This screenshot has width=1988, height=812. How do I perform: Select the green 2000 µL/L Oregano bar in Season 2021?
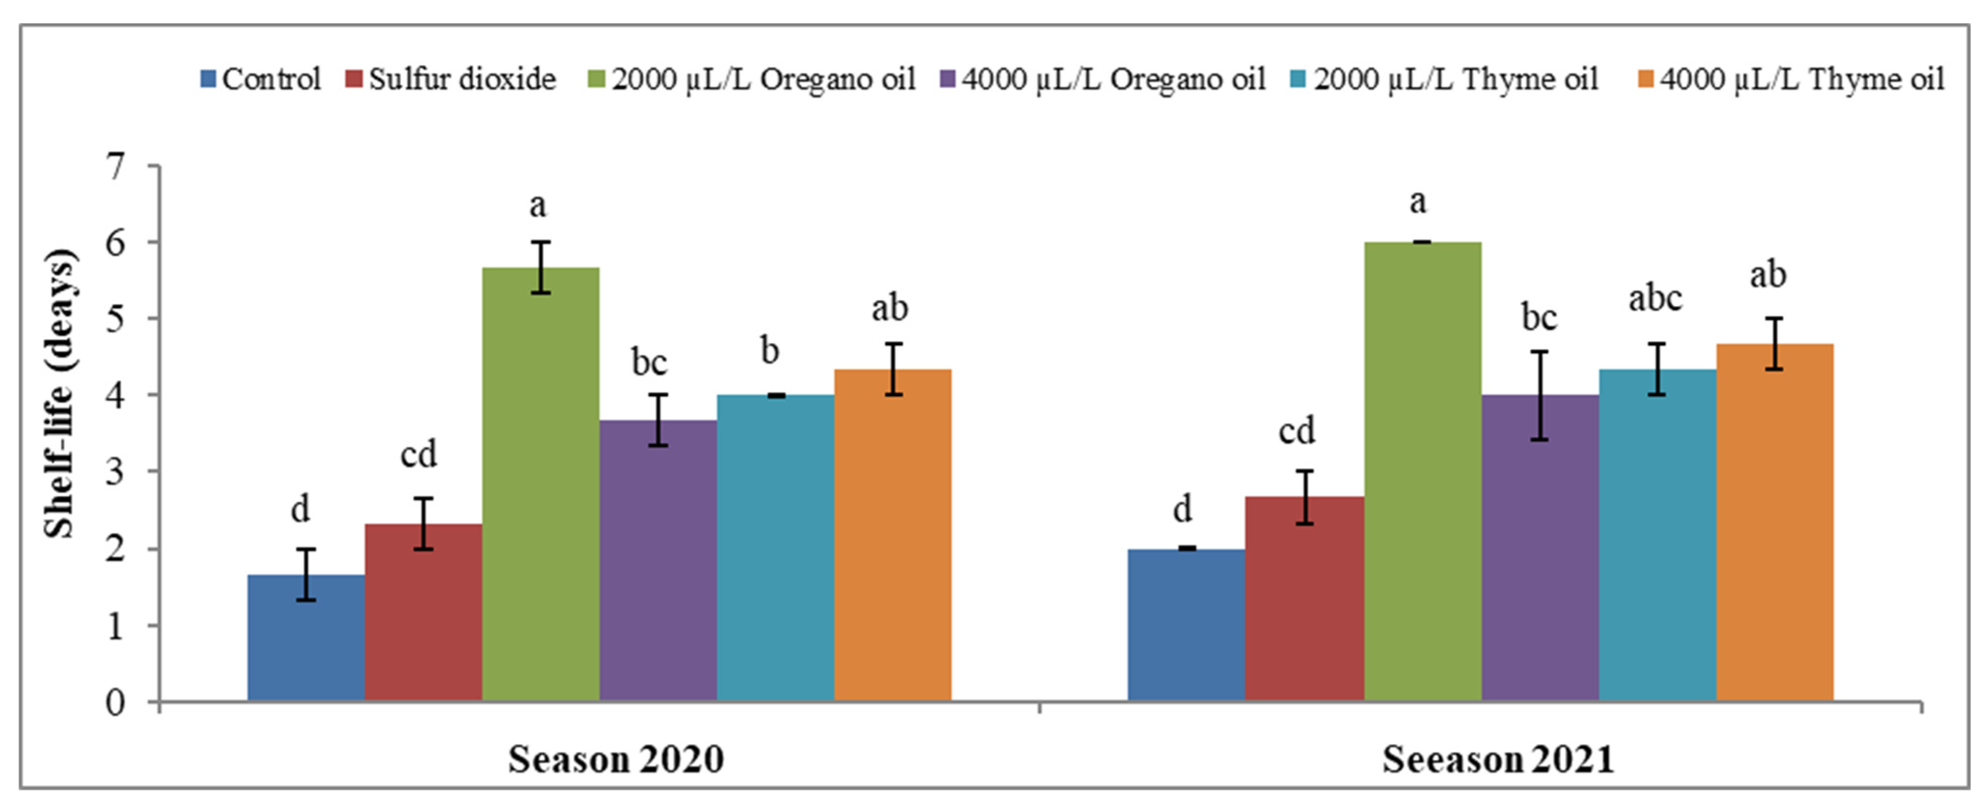tap(1422, 471)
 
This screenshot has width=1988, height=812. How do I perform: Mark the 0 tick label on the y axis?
tap(116, 702)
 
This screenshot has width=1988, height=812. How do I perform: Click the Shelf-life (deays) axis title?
tap(60, 394)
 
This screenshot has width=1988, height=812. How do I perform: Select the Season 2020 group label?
tap(615, 759)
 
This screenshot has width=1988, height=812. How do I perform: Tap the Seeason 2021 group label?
tap(1497, 759)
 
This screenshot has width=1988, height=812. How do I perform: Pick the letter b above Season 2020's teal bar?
tap(770, 351)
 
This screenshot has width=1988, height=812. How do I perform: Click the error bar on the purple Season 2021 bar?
tap(1540, 395)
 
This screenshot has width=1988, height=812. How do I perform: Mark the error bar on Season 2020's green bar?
tap(541, 267)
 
